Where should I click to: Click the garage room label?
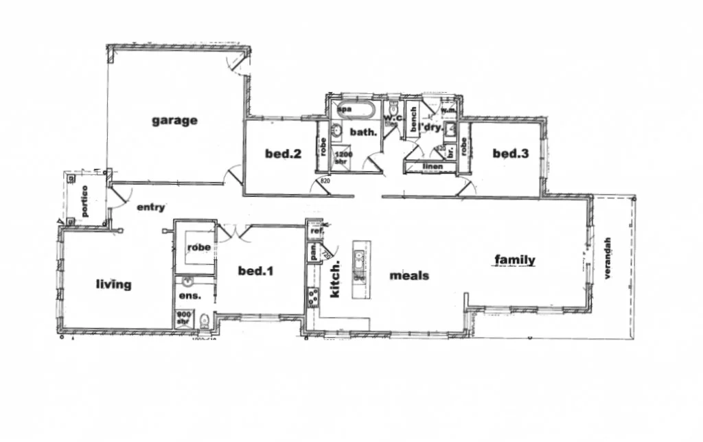[x=174, y=121]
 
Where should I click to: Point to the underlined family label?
[x=514, y=259]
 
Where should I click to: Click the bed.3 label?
[x=511, y=154]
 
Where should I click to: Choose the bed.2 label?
[x=284, y=154]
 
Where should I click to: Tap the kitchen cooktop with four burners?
[x=313, y=298]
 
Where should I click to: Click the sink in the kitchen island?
[x=358, y=260]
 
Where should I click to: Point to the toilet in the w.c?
[x=393, y=110]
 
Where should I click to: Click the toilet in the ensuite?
[x=204, y=320]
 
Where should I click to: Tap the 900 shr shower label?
[x=183, y=317]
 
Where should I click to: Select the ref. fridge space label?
[x=316, y=232]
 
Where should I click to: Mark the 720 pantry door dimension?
[x=327, y=254]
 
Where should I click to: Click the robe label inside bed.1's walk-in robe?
[x=199, y=247]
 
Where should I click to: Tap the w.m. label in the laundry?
[x=449, y=110]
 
